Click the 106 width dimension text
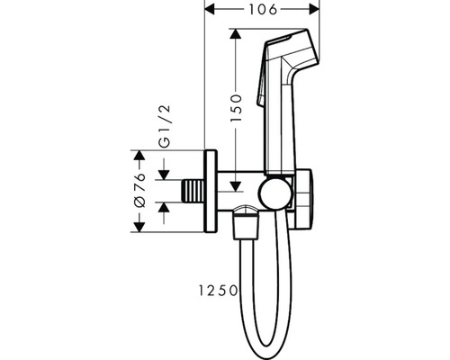(x=263, y=10)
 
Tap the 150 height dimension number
(x=236, y=108)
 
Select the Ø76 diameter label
(x=140, y=190)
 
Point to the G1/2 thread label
(x=165, y=126)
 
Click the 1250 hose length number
(x=218, y=291)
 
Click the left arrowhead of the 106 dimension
(x=210, y=9)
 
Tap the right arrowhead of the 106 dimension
(x=314, y=9)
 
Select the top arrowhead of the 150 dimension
(x=236, y=34)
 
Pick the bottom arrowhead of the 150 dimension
(x=236, y=186)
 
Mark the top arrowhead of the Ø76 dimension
(x=139, y=155)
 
